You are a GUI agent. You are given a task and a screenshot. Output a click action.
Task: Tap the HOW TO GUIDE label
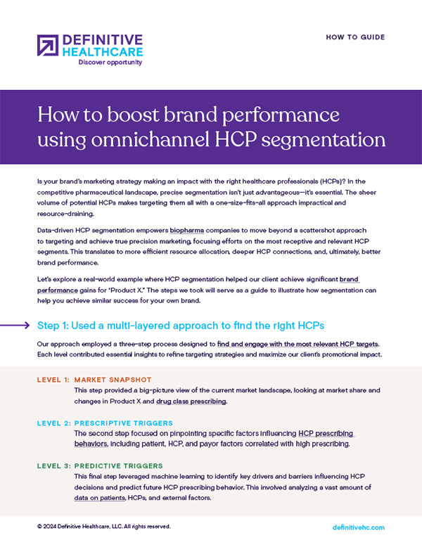pos(355,37)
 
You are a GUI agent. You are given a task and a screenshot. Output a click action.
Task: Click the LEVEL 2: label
pos(53,423)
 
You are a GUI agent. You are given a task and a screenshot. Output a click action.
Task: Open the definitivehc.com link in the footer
pos(358,527)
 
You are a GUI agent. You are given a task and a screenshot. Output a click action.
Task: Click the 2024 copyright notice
pos(103,526)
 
